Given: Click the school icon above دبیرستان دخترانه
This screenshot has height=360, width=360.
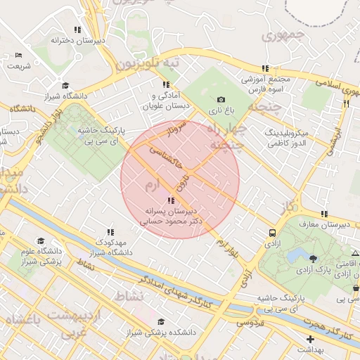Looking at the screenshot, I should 77,30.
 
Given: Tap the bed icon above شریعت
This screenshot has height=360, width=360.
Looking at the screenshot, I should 18,55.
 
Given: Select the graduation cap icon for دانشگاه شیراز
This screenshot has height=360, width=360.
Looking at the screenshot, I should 65,85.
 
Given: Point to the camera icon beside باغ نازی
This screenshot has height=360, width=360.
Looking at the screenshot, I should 221,100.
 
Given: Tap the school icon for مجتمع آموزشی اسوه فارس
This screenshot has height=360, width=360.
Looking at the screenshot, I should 265,68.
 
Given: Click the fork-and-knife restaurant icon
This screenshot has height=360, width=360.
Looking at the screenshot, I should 346,103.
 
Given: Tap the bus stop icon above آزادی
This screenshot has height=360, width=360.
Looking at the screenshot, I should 272,233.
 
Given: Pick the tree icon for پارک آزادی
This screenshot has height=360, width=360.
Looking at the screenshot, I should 313,260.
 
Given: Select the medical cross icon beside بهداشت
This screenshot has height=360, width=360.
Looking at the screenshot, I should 310,339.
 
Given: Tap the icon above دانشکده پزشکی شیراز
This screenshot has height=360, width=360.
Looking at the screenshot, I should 161,321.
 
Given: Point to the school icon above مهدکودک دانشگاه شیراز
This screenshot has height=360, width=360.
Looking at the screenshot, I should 110,231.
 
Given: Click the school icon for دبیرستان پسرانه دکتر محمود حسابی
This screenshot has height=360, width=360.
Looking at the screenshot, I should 172,200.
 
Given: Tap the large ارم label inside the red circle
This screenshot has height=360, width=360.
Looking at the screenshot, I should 154,186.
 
